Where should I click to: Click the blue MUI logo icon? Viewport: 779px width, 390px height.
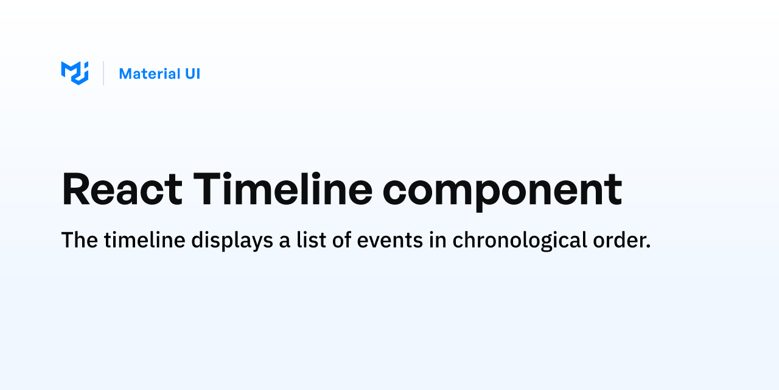75,73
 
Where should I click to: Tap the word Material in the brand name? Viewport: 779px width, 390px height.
150,74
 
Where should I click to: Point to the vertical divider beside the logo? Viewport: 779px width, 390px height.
103,73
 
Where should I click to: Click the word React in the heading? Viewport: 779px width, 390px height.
122,189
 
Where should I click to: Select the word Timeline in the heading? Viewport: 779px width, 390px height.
283,188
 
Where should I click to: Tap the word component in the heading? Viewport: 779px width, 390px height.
502,192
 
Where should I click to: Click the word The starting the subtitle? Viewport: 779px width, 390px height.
80,240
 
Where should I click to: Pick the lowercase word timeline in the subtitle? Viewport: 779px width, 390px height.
145,240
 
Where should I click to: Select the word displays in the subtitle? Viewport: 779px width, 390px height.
232,241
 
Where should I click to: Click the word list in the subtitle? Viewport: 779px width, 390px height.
311,240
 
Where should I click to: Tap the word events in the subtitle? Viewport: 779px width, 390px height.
390,241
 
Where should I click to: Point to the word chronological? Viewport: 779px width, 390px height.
520,241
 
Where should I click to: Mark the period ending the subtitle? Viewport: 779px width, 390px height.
648,247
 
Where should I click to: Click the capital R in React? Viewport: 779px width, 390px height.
76,188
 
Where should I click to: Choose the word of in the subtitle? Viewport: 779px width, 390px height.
341,240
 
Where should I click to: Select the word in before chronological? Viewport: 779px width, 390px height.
438,240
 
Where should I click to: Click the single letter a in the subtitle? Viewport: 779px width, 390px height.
284,243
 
